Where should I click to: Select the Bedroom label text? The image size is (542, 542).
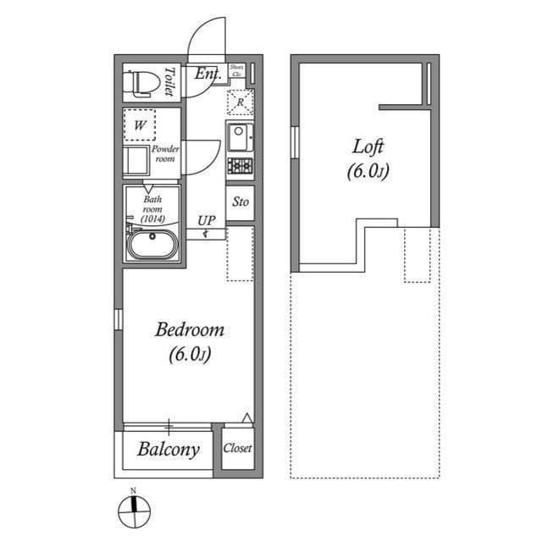[x=189, y=329]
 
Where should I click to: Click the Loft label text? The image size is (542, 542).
[x=368, y=146]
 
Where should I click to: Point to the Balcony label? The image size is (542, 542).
[x=169, y=449]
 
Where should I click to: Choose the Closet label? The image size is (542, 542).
[x=238, y=449]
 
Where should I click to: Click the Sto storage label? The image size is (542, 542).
[x=241, y=202]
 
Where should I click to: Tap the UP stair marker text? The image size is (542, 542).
[x=207, y=221]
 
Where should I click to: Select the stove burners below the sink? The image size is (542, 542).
[x=240, y=165]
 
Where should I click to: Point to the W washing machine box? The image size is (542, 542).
[x=141, y=126]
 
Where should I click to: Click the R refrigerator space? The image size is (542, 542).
[x=241, y=103]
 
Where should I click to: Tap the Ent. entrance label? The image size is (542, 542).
[x=207, y=75]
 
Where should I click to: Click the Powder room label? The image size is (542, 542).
[x=165, y=153]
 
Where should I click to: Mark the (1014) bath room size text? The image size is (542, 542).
[x=152, y=218]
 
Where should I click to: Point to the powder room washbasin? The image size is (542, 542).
[x=136, y=160]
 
